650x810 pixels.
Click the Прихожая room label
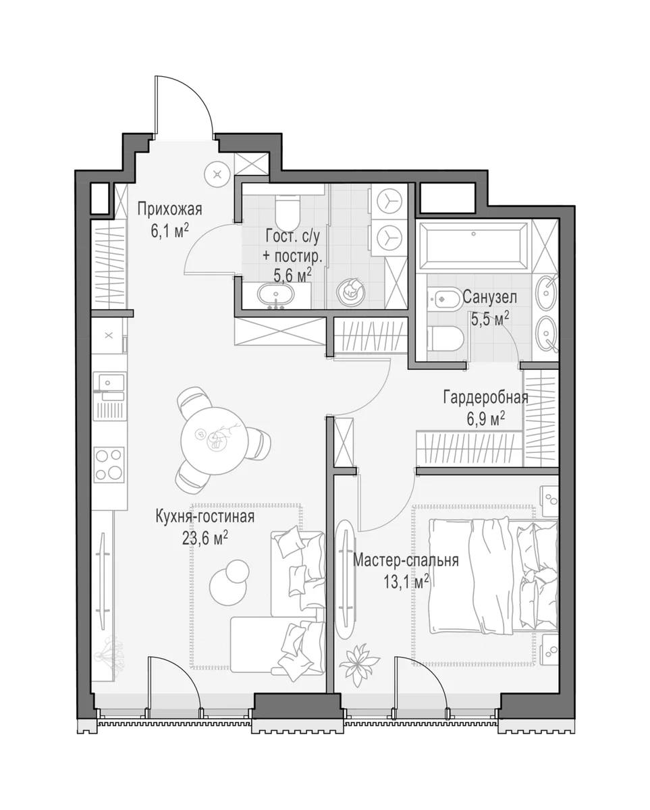tap(169, 209)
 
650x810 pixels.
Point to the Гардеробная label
tap(485, 398)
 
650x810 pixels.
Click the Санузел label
tap(489, 298)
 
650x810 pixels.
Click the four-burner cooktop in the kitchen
tap(109, 465)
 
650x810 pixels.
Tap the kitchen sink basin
tap(109, 383)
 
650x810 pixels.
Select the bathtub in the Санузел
tap(473, 246)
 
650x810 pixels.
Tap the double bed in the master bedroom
tap(493, 576)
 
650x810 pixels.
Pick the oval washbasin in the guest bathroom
tap(276, 294)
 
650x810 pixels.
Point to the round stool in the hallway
tap(217, 174)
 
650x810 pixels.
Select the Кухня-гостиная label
tap(205, 517)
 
